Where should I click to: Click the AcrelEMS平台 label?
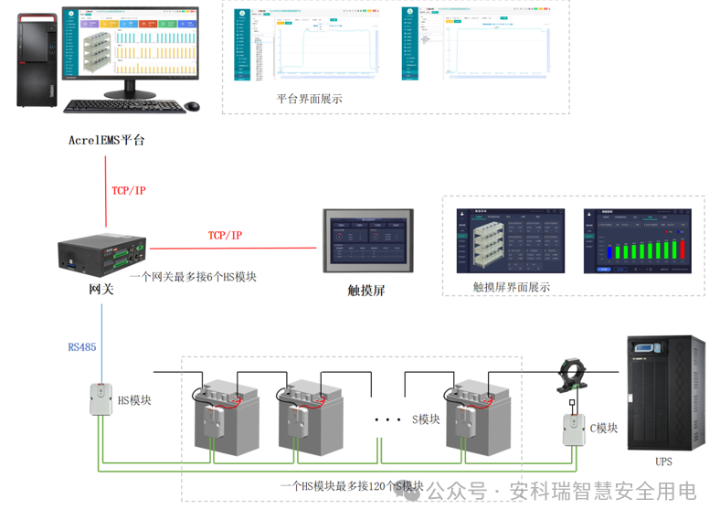pos(107,141)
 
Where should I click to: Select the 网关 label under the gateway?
pos(101,289)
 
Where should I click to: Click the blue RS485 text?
pos(82,347)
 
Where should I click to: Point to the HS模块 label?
pos(134,400)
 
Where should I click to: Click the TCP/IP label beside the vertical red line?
pos(129,190)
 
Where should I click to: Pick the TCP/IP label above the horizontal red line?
pos(225,236)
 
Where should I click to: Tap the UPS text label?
pos(663,462)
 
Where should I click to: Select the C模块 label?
pos(603,428)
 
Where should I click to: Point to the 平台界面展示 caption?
pos(310,99)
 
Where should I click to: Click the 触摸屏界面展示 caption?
pos(512,286)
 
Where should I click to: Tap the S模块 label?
pos(427,419)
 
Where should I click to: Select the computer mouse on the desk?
pos(192,107)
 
